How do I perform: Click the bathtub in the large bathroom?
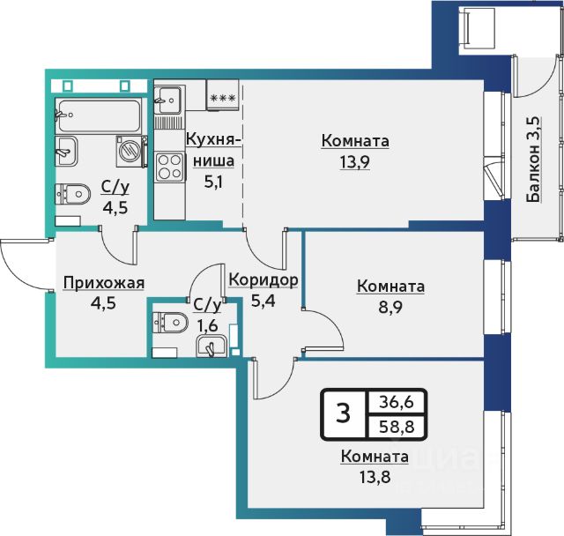[x=99, y=115]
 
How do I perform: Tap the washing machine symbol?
[x=131, y=151]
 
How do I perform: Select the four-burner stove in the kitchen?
[x=170, y=167]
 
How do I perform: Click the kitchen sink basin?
[x=168, y=100]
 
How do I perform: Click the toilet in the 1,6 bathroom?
[x=170, y=323]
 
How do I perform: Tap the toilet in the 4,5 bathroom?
[x=72, y=194]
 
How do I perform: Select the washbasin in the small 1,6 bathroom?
[x=211, y=346]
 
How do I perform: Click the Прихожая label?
[x=104, y=283]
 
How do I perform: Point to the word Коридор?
[x=263, y=279]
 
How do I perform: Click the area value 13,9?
[x=355, y=162]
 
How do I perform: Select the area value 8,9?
[x=390, y=308]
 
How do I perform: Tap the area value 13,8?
[x=375, y=477]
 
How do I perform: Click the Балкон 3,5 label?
[x=534, y=160]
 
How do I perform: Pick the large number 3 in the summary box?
[x=344, y=413]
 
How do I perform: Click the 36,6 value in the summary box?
[x=397, y=402]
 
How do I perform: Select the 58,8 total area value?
[x=397, y=427]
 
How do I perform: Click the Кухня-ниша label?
[x=213, y=150]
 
